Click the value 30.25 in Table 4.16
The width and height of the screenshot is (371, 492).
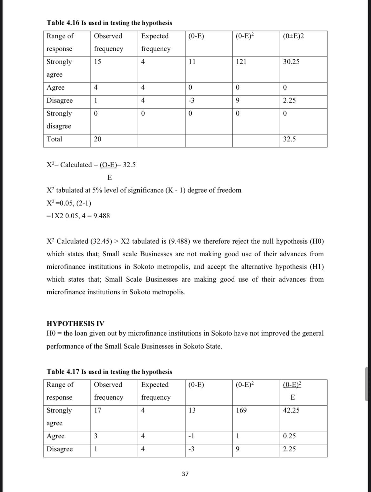(291, 62)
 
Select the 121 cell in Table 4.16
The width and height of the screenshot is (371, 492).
(241, 62)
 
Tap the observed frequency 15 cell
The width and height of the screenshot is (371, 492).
(98, 62)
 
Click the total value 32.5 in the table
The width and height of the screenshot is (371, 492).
(289, 139)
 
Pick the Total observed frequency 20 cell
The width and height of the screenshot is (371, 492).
(98, 139)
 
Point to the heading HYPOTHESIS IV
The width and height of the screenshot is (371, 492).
(75, 324)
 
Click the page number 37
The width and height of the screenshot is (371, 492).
(185, 474)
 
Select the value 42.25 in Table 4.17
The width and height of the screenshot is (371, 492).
(291, 410)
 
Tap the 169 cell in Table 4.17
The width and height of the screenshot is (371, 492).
(241, 410)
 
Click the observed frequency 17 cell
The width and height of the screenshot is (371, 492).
(98, 410)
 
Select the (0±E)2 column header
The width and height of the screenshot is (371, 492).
(293, 36)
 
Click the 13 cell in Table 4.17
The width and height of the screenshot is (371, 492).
(192, 410)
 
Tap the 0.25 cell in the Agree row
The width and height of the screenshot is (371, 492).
(289, 436)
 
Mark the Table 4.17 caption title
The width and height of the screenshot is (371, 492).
(109, 371)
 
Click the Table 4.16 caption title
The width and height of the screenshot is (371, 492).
(109, 23)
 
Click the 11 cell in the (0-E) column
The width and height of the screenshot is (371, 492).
(192, 62)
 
